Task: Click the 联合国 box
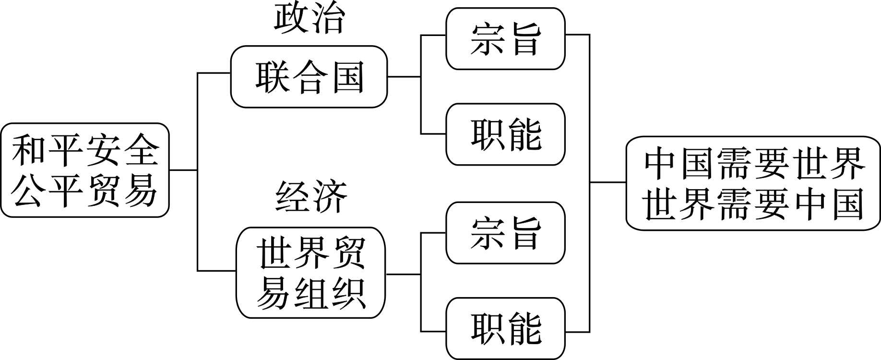(309, 77)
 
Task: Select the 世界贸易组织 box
(311, 273)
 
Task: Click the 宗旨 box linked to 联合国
(505, 39)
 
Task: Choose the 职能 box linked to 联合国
(505, 134)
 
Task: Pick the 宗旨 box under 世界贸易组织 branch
(505, 233)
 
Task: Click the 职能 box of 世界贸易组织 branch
(505, 328)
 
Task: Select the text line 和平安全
(85, 150)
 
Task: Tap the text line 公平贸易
(85, 191)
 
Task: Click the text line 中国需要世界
(754, 164)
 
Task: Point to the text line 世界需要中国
(754, 203)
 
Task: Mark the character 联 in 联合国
(270, 77)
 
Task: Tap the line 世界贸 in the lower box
(311, 253)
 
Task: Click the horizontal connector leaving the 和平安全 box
(183, 170)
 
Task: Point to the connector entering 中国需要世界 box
(607, 182)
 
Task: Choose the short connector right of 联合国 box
(404, 76)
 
